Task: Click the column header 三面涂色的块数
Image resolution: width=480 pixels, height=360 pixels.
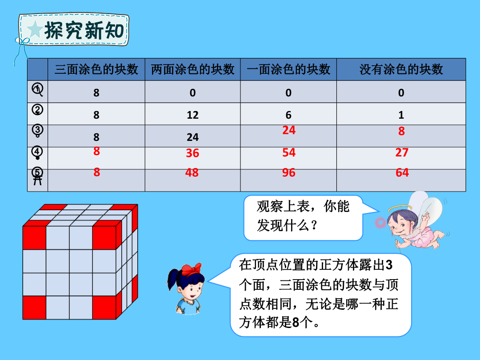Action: [x=96, y=69]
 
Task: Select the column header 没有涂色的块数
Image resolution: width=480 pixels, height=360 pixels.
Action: [x=401, y=69]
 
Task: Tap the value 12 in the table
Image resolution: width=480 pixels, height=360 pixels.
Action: [x=192, y=115]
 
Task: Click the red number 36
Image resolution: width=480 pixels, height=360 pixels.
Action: [x=192, y=153]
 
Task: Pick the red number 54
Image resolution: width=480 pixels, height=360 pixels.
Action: [x=289, y=152]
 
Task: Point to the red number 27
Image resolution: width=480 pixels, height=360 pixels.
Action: [x=402, y=152]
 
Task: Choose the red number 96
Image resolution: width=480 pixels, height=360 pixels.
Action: [x=289, y=172]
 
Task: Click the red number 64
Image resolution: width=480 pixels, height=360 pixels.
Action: [x=402, y=172]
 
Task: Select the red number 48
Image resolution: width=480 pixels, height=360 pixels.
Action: [x=192, y=172]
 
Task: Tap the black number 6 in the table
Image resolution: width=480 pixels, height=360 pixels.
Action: [x=288, y=115]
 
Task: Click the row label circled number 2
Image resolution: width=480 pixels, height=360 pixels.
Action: [x=37, y=110]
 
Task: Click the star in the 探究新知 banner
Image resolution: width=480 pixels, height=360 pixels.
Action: [x=35, y=30]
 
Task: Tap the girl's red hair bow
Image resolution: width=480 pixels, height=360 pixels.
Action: [x=191, y=270]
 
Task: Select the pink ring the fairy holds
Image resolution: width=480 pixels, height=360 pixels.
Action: [x=380, y=223]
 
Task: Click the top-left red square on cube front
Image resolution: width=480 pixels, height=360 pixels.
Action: [x=35, y=238]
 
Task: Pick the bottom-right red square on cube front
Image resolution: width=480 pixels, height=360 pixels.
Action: [x=104, y=308]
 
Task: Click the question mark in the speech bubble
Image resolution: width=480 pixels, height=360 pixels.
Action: [x=314, y=226]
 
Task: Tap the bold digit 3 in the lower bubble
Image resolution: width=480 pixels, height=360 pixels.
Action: [x=389, y=265]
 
